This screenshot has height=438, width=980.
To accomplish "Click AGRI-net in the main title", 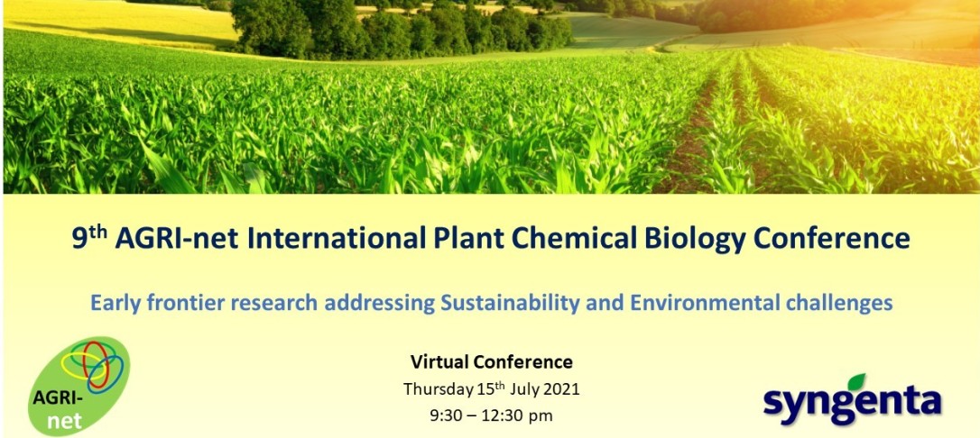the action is coord(177,239).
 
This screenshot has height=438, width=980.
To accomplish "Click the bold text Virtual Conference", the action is coord(491,361).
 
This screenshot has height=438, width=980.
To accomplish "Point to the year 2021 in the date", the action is coord(560,389).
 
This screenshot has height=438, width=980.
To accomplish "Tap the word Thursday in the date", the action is coord(437,390).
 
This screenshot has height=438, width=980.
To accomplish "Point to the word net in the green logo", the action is coord(64,421).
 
